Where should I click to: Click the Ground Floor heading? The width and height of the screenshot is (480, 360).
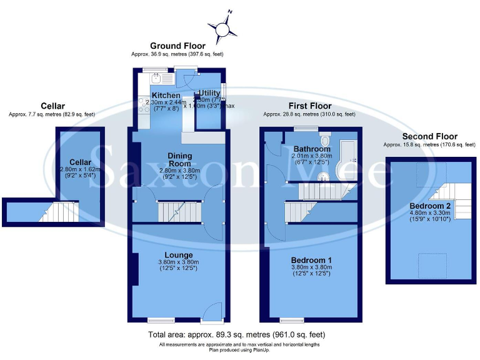click(177, 46)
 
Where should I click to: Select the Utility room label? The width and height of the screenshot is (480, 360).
click(209, 93)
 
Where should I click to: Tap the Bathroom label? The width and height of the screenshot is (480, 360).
click(313, 149)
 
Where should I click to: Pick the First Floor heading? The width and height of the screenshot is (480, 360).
click(309, 106)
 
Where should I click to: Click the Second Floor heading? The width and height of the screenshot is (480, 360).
click(429, 136)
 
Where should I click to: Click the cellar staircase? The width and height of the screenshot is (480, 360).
click(60, 212)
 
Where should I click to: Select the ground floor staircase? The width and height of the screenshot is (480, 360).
click(179, 212)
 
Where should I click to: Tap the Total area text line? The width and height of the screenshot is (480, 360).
click(240, 336)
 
